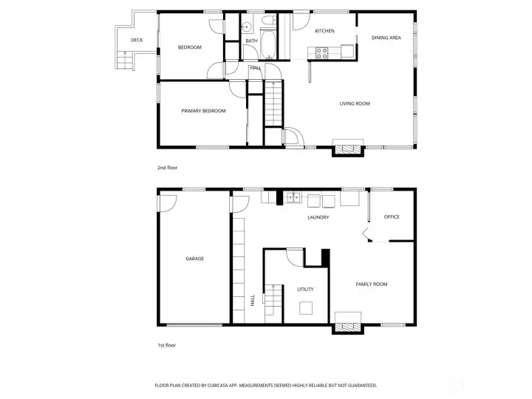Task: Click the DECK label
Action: [137, 40]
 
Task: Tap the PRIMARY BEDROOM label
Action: [203, 111]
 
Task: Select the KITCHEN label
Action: [324, 31]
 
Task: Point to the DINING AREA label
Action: [386, 38]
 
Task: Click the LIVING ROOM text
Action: [355, 103]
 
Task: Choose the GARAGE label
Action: [194, 259]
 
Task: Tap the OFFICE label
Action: [392, 216]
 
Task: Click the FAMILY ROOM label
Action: [372, 284]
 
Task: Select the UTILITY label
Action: [305, 289]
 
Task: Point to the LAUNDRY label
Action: [318, 217]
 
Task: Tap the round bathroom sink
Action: [247, 27]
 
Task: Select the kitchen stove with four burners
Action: [321, 53]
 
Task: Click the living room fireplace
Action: [348, 149]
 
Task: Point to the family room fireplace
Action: [348, 327]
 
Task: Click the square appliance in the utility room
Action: [306, 308]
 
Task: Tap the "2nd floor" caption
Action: [167, 168]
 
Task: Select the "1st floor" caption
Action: [166, 345]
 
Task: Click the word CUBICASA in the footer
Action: [219, 386]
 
